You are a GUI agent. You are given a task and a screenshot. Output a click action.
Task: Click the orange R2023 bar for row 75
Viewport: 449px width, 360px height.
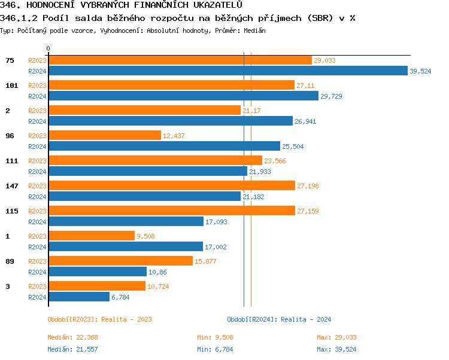pos(180,60)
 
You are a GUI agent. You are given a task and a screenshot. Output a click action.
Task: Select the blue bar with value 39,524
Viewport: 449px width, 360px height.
pos(227,71)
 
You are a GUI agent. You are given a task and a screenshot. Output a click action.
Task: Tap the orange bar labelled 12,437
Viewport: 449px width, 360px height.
pos(105,136)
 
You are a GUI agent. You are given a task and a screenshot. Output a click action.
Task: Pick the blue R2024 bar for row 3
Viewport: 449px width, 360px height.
pos(78,297)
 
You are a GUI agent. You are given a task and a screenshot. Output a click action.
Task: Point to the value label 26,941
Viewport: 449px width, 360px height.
pos(306,121)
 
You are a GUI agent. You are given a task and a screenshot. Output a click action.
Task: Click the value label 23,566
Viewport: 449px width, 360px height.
pos(276,161)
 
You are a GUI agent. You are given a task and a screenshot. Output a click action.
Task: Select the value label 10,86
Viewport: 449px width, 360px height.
pos(157,272)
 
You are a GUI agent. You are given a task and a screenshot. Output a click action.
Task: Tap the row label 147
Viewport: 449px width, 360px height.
pos(11,186)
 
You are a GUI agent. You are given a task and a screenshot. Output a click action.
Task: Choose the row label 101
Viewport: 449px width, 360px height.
pos(11,86)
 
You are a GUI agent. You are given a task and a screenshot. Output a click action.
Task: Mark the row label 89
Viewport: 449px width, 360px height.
pos(10,261)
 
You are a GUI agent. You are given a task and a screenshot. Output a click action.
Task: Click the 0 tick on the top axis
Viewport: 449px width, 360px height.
pos(48,48)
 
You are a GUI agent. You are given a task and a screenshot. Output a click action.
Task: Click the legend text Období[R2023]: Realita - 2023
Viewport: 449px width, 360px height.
pos(99,319)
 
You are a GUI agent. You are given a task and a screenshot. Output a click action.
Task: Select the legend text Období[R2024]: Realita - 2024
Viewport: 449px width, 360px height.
pos(279,319)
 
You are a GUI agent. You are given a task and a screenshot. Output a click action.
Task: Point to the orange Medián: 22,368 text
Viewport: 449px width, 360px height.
pos(72,338)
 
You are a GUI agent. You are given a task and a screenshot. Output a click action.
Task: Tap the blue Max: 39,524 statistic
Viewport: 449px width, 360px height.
pos(336,349)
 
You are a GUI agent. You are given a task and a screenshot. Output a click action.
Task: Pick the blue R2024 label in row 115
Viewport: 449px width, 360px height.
pos(37,222)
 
